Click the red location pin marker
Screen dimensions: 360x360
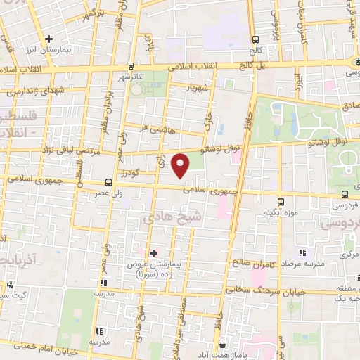tap(181, 165)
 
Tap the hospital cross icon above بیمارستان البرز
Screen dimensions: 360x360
tap(49, 39)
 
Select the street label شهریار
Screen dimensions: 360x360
tap(198, 89)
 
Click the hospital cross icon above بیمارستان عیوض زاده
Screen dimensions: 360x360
tap(153, 252)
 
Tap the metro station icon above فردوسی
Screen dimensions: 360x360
tap(345, 194)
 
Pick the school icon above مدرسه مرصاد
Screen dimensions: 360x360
tap(302, 252)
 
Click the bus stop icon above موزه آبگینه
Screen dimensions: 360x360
tap(281, 201)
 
